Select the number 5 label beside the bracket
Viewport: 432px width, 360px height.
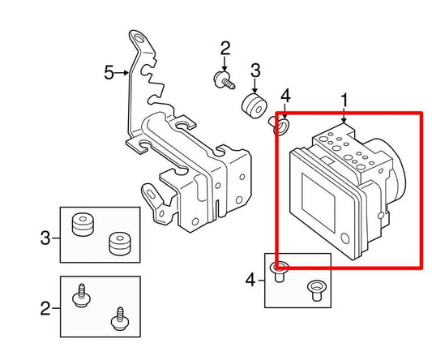pos(109,73)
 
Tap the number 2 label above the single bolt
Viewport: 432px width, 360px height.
pos(225,48)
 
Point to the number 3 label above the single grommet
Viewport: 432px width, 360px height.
pos(254,70)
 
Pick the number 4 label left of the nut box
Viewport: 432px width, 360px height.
pos(250,281)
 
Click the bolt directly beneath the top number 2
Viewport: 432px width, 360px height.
pos(221,79)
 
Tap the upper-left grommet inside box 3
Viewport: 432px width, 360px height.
pos(82,224)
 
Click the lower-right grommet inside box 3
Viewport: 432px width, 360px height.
pos(118,242)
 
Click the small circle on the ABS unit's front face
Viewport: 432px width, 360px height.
pos(346,239)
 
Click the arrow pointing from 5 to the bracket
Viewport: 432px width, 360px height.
pos(123,73)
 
